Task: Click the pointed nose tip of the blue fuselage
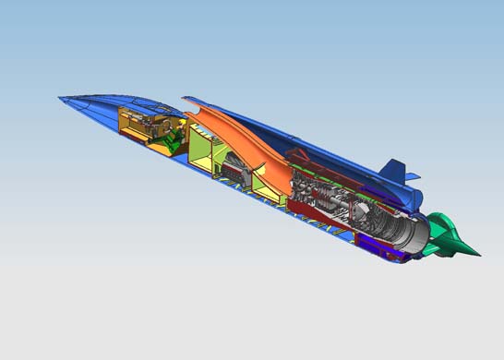click(58, 96)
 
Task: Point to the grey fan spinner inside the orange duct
click(235, 172)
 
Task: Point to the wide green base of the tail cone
click(443, 231)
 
